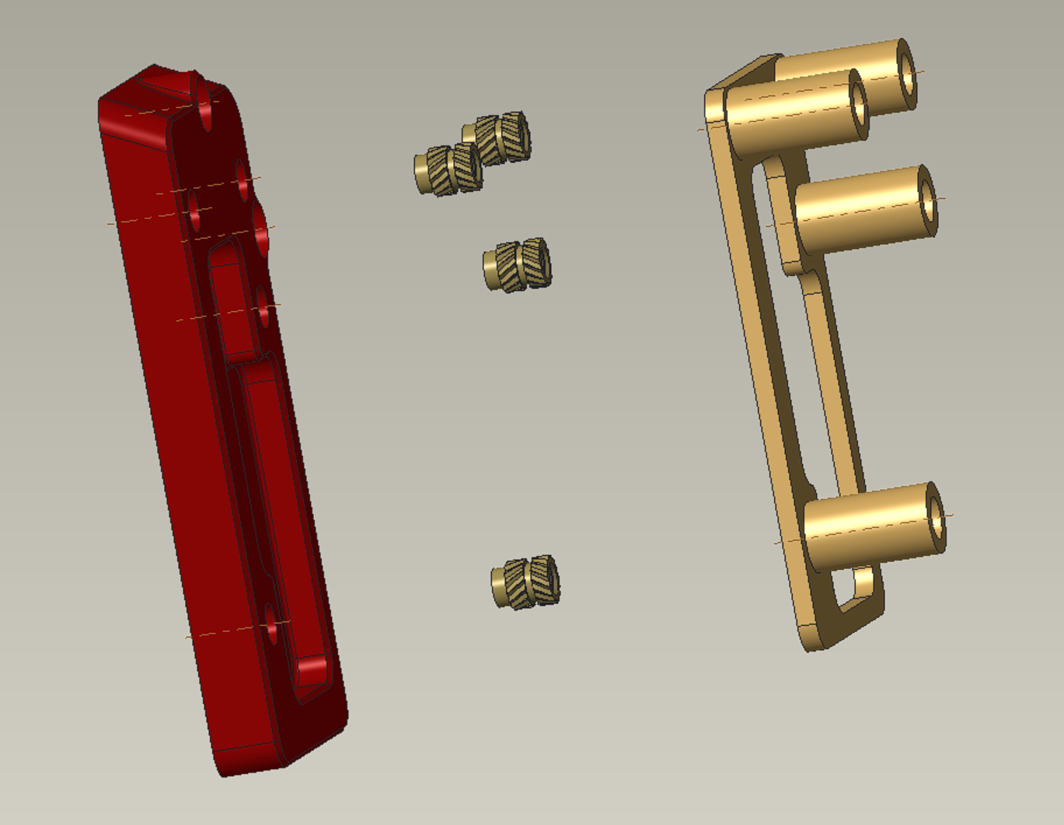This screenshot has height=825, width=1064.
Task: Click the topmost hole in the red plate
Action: tap(206, 109)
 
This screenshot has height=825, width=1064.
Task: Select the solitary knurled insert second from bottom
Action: tap(519, 264)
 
